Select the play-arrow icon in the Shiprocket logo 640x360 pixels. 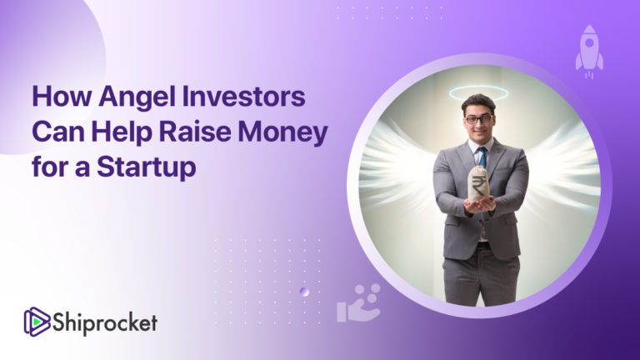pyautogui.click(x=37, y=321)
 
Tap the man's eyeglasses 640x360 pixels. pyautogui.click(x=478, y=119)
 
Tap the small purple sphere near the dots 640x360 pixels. pyautogui.click(x=305, y=292)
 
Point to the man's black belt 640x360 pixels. pyautogui.click(x=482, y=246)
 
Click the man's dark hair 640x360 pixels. pyautogui.click(x=478, y=102)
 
